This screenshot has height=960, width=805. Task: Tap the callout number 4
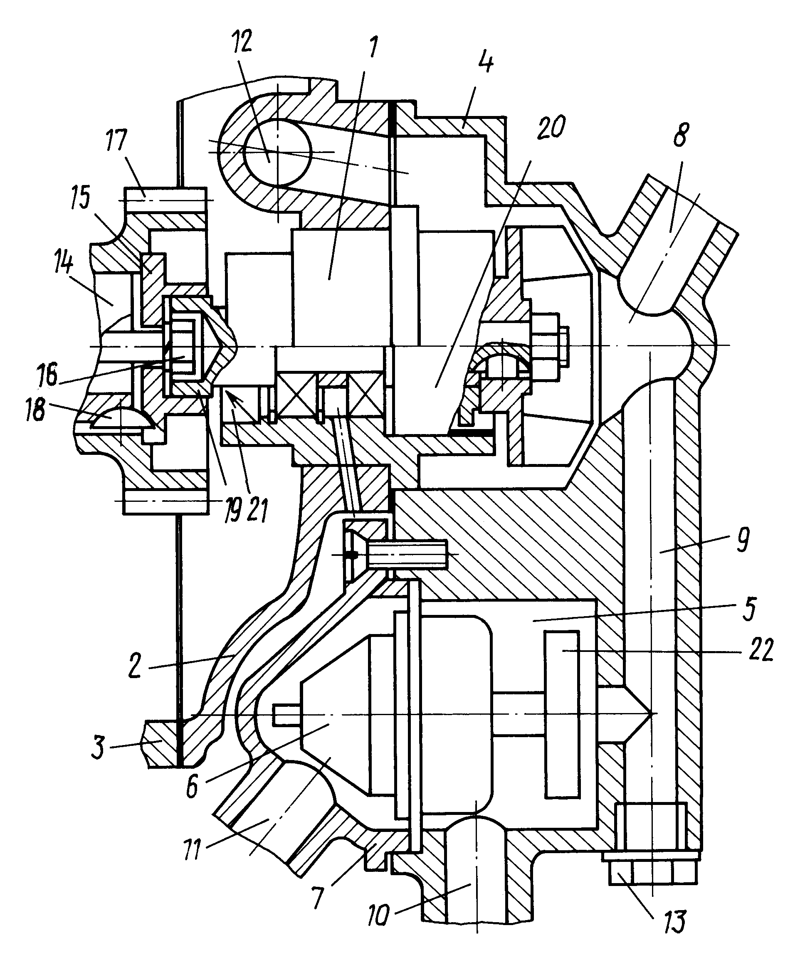[x=486, y=61]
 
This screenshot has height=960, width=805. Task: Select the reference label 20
[x=551, y=127]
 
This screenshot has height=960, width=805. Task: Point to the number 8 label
[x=680, y=134]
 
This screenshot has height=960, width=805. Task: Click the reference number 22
[x=758, y=649]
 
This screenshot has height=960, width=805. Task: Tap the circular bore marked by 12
[x=278, y=152]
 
